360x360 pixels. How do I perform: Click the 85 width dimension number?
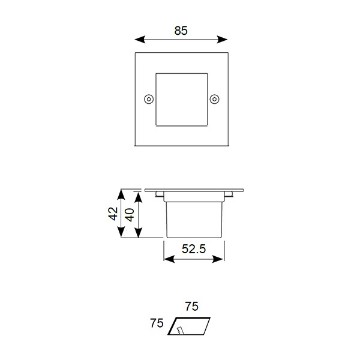(181, 31)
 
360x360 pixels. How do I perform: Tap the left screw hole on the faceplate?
(148, 99)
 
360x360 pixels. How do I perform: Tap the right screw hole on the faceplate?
(215, 99)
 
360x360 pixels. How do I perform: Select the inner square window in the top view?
(181, 100)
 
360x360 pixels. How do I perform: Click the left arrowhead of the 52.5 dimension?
(167, 260)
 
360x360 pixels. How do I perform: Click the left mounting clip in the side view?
(158, 194)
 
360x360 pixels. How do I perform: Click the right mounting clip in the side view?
(229, 194)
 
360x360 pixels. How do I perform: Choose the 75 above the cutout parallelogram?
(191, 307)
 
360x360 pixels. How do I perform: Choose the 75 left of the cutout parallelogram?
(157, 324)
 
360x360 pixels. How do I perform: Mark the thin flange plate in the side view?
(193, 190)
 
